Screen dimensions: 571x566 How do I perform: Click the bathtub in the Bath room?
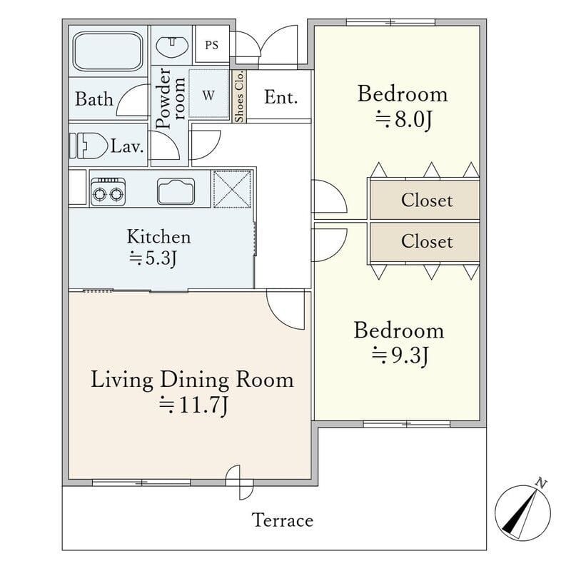pos(108,51)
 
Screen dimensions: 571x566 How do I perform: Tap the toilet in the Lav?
pos(89,146)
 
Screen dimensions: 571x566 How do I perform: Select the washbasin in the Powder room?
pos(172,46)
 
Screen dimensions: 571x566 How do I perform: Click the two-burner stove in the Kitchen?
pos(108,192)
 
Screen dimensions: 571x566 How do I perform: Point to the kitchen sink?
pos(176,191)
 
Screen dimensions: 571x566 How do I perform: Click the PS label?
pos(211,45)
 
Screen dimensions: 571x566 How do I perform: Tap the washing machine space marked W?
pos(208,94)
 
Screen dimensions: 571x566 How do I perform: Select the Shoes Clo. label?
pos(239,96)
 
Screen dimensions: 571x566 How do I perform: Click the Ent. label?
pos(281,97)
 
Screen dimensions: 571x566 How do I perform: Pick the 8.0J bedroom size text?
pos(404,119)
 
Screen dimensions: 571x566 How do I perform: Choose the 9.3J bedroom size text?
pos(400,355)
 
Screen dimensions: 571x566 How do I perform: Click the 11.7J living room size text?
pos(193,405)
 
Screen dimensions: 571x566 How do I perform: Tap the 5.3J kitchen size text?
pos(153,258)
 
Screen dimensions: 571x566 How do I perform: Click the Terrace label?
pos(283,520)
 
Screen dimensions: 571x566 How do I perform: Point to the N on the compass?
pos(541,484)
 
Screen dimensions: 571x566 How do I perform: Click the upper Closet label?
pos(427,200)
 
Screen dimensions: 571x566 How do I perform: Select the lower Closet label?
pos(427,241)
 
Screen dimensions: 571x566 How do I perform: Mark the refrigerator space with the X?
pos(232,188)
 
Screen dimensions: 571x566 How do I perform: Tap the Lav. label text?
pos(127,146)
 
